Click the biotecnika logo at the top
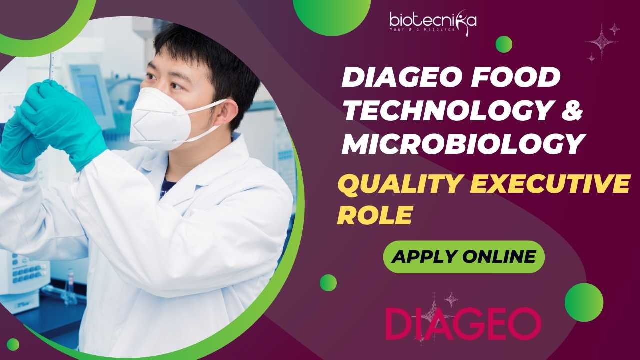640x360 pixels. pos(433,23)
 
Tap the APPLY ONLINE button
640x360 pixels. pos(464,257)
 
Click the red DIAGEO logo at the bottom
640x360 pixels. pos(463,323)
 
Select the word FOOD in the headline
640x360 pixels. pos(515,77)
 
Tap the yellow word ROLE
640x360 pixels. pos(375,215)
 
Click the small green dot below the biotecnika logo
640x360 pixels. pos(504,44)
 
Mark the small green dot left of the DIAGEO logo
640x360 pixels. pos(328,283)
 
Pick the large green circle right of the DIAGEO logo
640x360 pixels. pos(584,302)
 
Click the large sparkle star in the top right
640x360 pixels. pos(602,43)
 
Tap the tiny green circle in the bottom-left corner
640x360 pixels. pos(13,345)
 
